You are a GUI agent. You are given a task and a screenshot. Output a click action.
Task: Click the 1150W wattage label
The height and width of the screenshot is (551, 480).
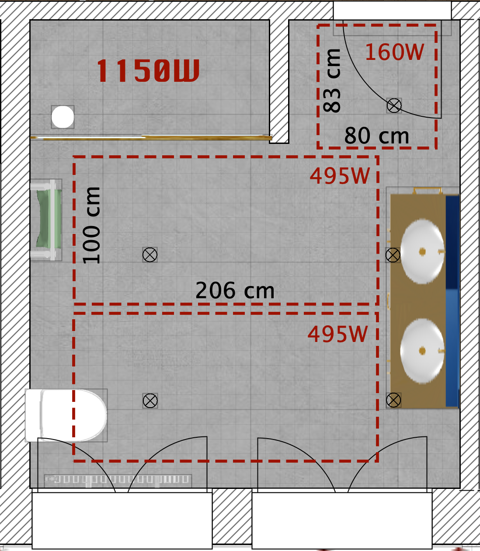click(148, 70)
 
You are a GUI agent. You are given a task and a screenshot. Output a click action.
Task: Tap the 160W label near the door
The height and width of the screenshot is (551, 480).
click(394, 52)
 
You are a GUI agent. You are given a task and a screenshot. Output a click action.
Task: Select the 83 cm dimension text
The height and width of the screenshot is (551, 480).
click(332, 81)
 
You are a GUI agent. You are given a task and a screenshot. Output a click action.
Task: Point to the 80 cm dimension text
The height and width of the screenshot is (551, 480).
click(376, 136)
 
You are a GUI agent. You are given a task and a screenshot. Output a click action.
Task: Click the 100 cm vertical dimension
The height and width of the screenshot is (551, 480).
click(91, 225)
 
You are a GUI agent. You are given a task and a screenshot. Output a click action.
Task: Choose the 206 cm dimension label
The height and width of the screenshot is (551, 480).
click(235, 290)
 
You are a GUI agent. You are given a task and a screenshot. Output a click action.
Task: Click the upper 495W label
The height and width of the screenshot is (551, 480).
click(340, 176)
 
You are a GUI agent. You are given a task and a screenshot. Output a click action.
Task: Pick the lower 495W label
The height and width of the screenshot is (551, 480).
click(337, 334)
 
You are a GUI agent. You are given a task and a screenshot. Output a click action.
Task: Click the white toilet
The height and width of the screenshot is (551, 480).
click(66, 415)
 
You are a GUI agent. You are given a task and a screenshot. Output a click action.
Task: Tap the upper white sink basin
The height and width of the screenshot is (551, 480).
click(422, 251)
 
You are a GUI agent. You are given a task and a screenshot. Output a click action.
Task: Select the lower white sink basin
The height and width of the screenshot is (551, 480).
click(422, 351)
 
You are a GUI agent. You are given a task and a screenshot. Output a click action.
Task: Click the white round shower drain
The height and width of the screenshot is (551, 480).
click(63, 117)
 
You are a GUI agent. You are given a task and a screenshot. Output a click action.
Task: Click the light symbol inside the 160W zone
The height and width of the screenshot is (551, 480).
click(394, 105)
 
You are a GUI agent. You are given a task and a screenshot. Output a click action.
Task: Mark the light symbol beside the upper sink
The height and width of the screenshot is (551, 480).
click(393, 255)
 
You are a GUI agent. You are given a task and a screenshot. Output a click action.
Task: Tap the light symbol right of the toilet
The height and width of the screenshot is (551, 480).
click(150, 401)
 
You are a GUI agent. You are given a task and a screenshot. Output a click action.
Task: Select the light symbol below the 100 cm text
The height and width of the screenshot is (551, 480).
click(150, 255)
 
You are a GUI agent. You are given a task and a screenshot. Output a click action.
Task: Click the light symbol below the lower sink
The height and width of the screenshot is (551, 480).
click(393, 400)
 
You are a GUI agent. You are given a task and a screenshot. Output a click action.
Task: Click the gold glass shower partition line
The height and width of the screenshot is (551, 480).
click(151, 138)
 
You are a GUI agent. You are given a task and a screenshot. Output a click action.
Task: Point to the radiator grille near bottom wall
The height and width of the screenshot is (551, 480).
click(118, 479)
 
